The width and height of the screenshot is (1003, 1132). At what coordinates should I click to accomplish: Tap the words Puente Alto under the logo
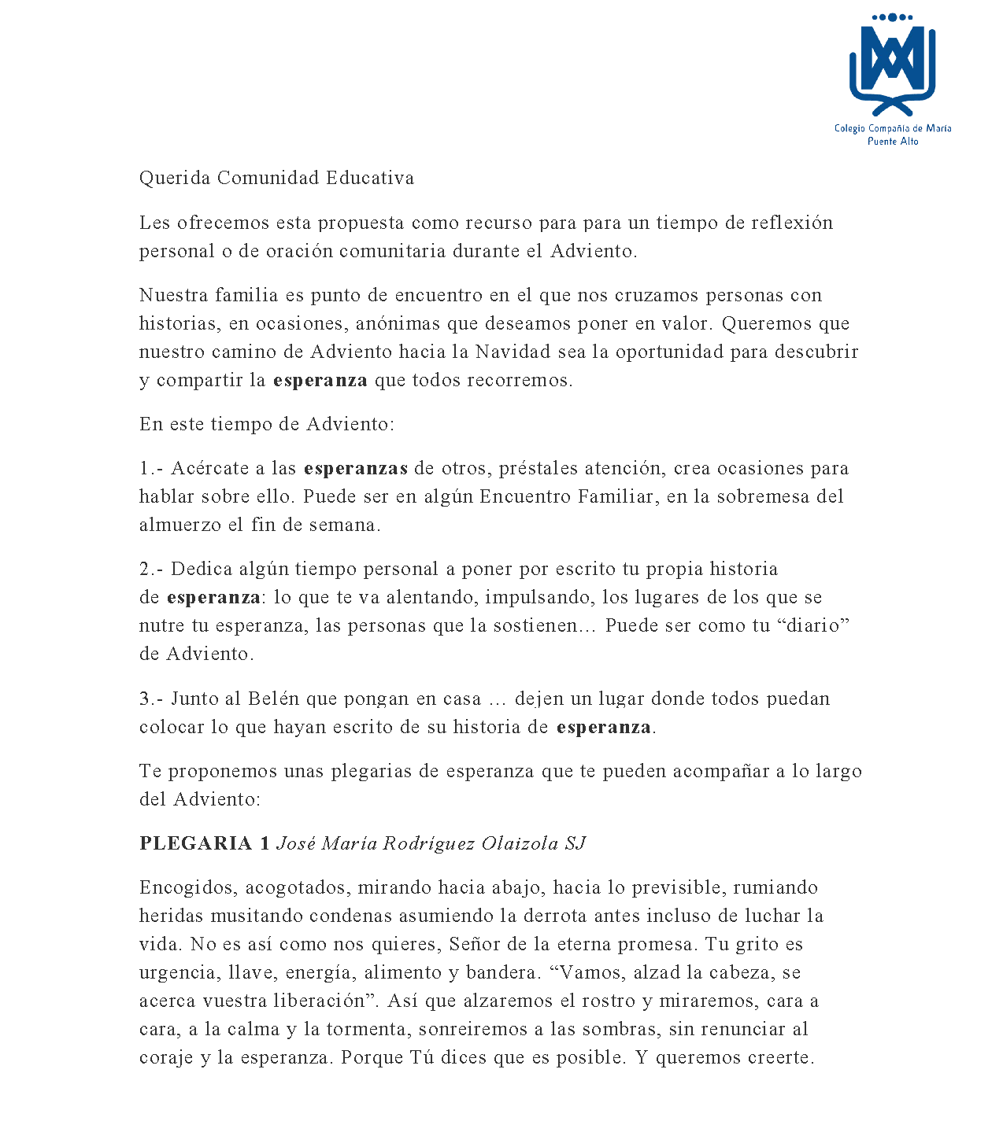pos(893,142)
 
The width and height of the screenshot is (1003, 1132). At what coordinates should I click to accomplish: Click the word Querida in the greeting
pos(175,178)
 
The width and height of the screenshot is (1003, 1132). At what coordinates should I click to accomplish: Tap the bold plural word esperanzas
pos(356,468)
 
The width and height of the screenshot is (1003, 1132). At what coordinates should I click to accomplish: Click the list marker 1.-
pos(152,468)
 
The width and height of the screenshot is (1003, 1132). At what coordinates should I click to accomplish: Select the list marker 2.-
pos(152,569)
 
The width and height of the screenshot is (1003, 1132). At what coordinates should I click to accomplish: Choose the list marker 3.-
pos(152,699)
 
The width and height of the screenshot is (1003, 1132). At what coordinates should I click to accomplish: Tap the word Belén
pos(274,699)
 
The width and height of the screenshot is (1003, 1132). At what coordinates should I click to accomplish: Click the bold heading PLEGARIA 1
pos(205,843)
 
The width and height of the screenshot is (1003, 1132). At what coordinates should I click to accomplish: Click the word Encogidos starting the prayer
pos(188,887)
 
